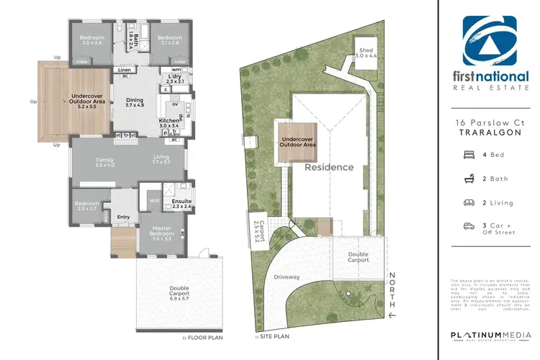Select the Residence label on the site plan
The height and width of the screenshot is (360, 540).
pyautogui.click(x=329, y=167)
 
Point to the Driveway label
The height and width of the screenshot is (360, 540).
pyautogui.click(x=287, y=276)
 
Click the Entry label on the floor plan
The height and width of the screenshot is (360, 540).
pyautogui.click(x=123, y=217)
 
